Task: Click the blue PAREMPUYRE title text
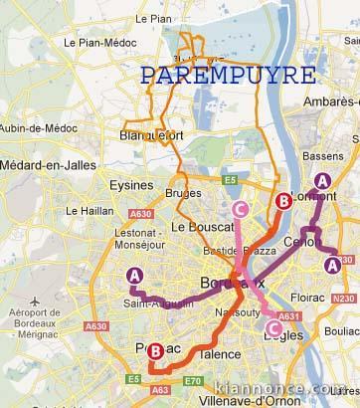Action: coord(229,76)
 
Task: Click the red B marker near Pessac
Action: coord(156,350)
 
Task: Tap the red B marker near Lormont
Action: coord(283,201)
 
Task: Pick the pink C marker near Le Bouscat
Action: coord(240,208)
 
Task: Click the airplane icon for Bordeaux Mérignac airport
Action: coord(36,301)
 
